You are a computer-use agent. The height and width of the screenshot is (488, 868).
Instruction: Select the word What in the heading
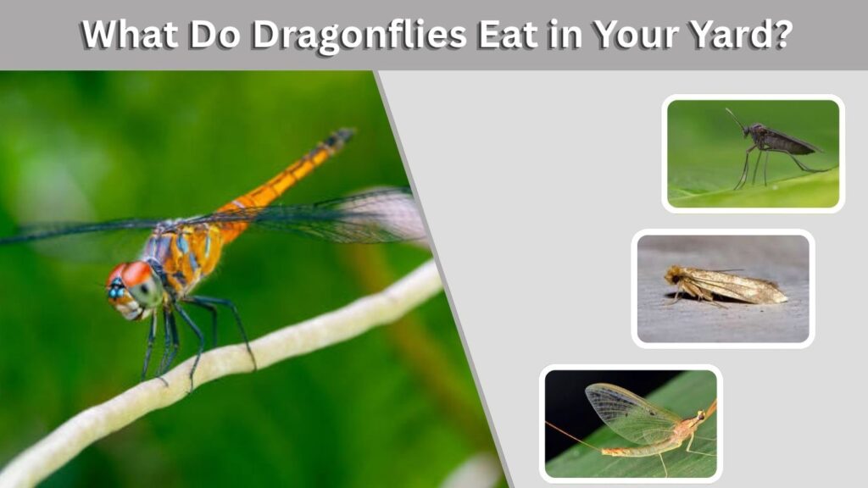[x=130, y=34]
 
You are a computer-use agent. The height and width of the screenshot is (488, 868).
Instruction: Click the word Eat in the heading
[x=509, y=34]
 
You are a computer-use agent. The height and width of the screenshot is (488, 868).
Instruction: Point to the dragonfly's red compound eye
[x=135, y=273]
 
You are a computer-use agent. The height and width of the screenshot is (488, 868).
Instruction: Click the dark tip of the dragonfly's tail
[x=339, y=137]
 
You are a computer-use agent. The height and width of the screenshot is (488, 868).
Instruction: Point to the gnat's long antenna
[x=736, y=119]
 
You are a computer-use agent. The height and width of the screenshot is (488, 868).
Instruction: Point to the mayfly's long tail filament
[x=574, y=435]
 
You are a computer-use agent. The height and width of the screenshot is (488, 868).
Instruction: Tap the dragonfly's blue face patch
[x=116, y=290]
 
